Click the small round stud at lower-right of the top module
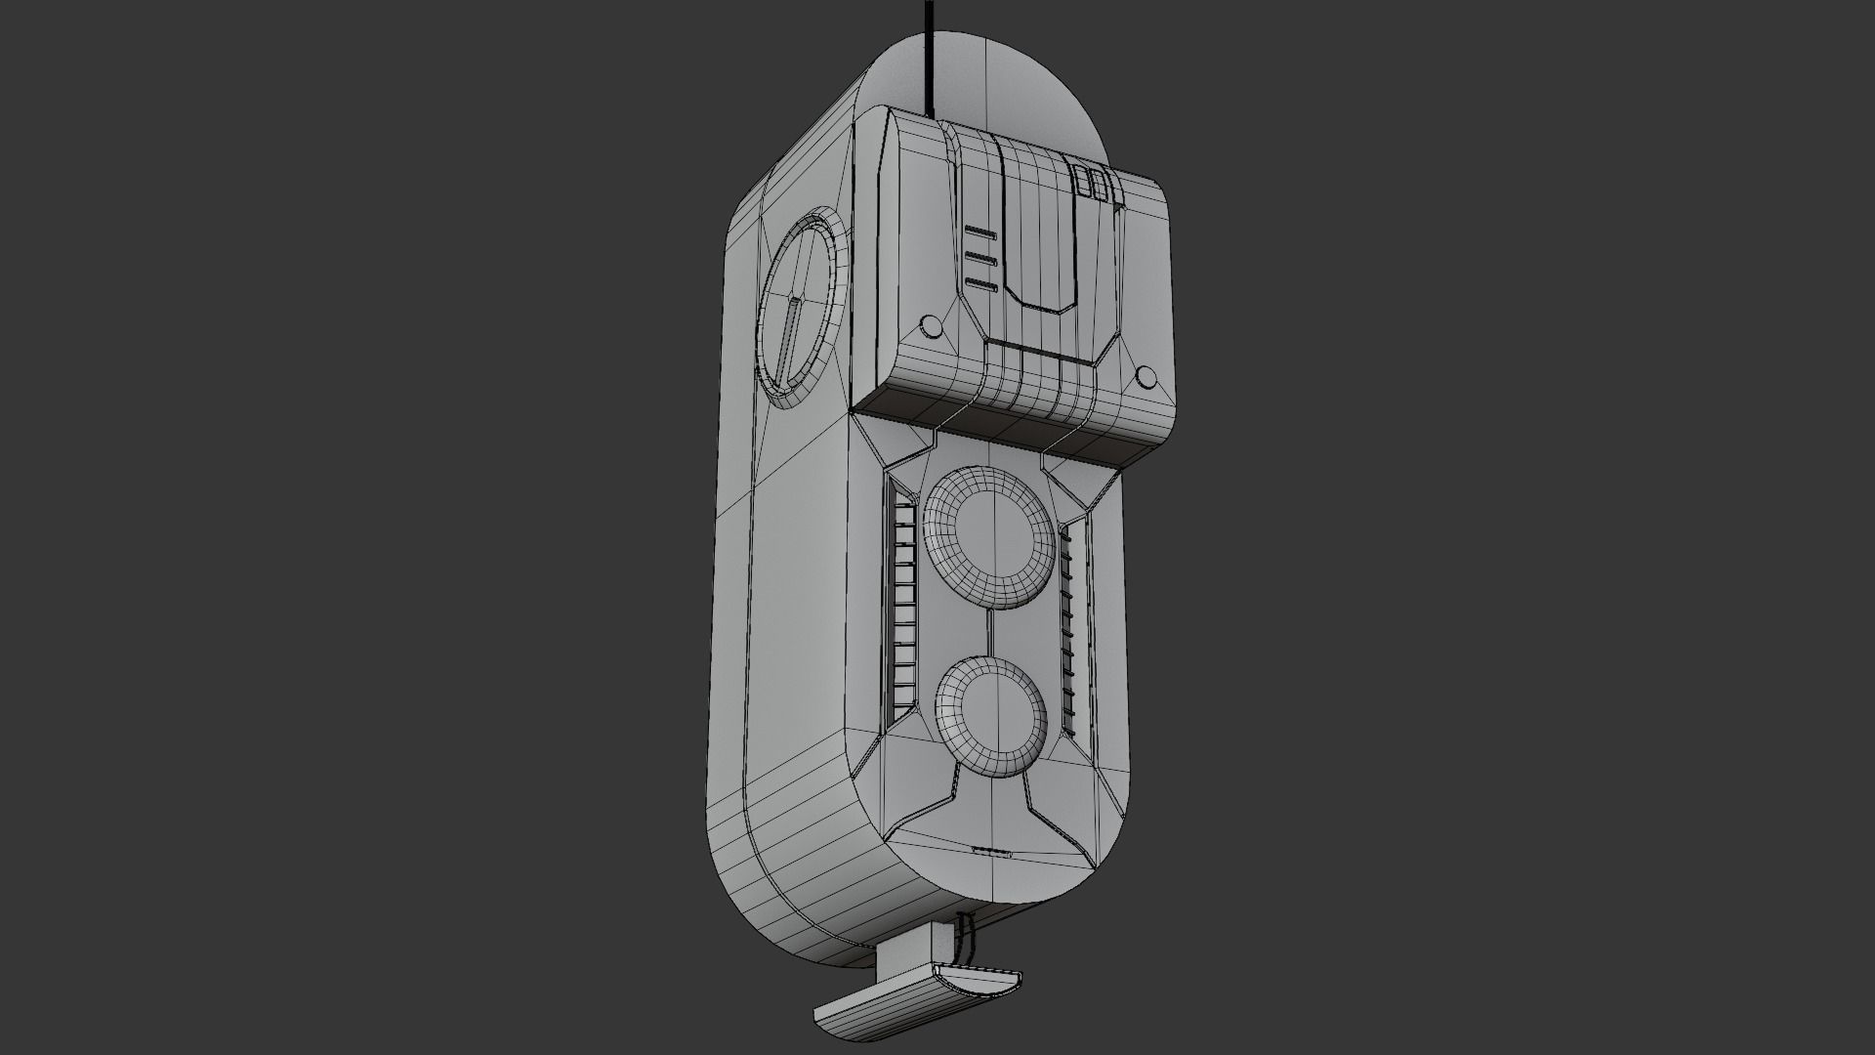pos(1146,377)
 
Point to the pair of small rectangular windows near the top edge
pos(1091,184)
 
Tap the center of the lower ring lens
pos(991,710)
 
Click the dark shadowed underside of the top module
pos(1016,430)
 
